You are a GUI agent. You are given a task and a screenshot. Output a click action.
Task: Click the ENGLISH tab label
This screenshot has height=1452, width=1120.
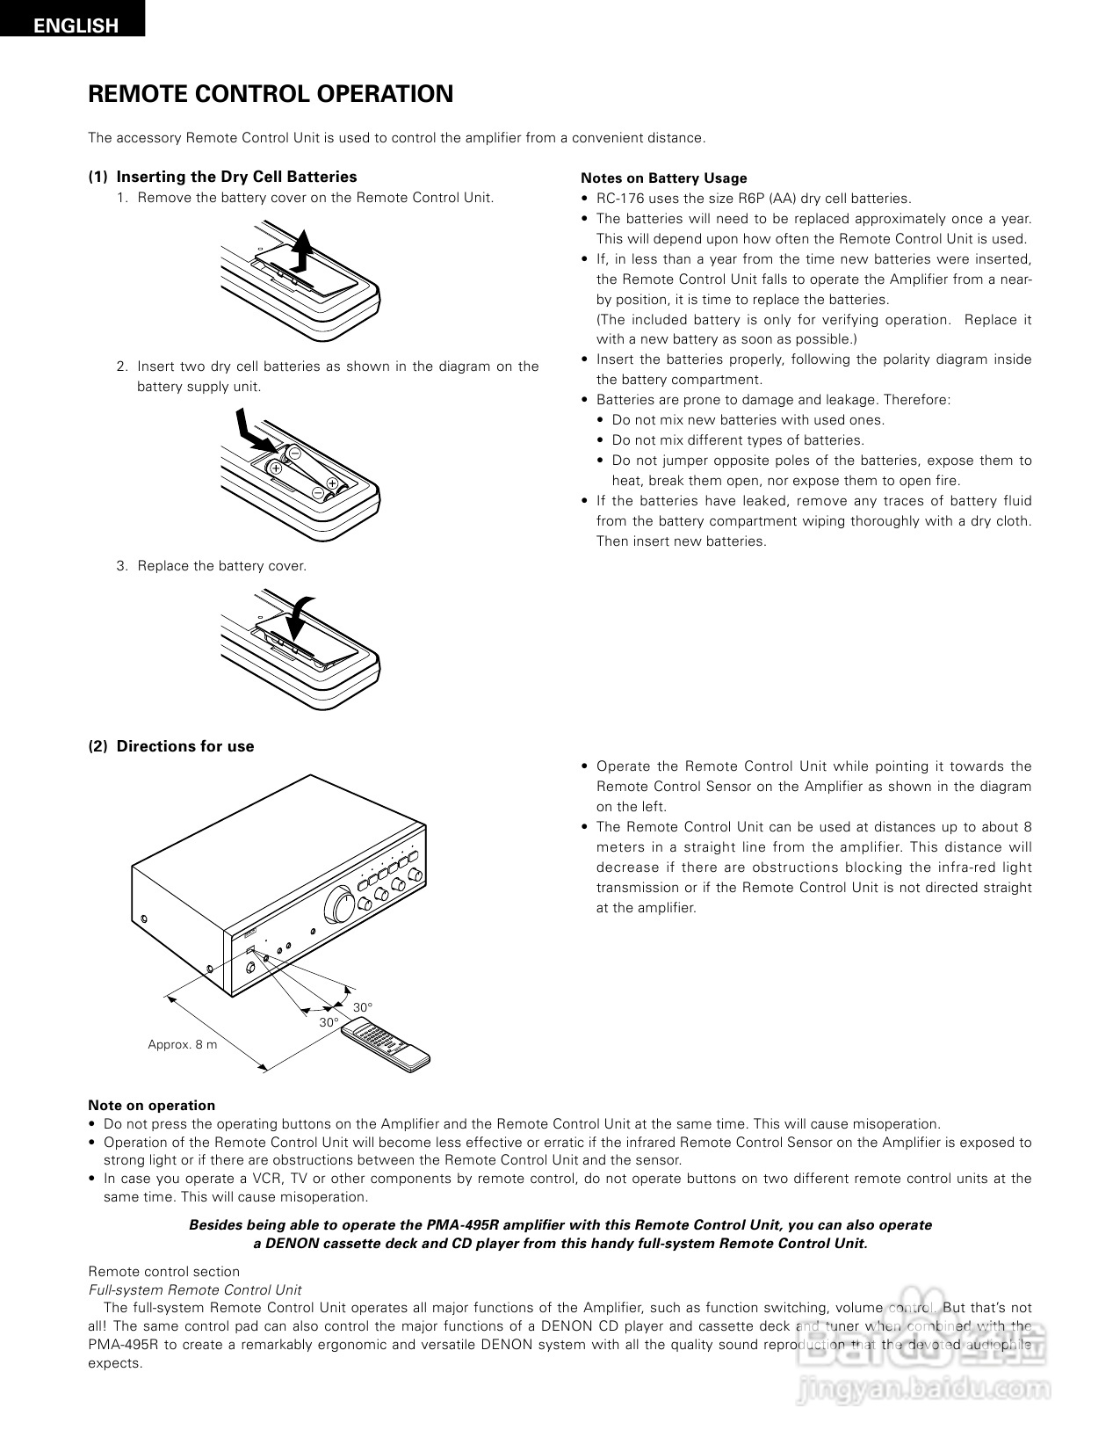(76, 25)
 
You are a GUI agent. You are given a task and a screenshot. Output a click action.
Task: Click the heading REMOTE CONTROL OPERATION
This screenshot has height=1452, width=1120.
(271, 94)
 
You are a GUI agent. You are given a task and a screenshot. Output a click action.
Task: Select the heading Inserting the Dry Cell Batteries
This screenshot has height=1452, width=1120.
(236, 177)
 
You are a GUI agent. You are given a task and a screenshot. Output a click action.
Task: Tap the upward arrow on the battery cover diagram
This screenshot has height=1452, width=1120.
(301, 250)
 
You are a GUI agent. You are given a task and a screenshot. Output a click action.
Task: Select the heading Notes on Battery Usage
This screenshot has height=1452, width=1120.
(663, 178)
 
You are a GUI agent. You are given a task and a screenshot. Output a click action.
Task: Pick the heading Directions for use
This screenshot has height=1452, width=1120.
(185, 746)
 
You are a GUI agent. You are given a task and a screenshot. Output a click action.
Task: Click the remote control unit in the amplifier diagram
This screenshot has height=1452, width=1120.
(387, 1043)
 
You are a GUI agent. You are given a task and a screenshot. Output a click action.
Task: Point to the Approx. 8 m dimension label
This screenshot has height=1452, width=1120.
(182, 1044)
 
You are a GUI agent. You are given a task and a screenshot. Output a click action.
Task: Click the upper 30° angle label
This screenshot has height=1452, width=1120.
(363, 1007)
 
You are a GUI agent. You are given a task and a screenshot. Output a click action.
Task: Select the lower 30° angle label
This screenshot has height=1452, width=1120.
(329, 1023)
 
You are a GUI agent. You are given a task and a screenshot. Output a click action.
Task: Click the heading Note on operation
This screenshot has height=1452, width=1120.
(151, 1106)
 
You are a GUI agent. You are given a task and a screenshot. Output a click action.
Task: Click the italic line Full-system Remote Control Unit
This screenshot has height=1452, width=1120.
(194, 1290)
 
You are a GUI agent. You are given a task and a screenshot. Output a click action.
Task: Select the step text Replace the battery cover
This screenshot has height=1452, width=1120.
(221, 566)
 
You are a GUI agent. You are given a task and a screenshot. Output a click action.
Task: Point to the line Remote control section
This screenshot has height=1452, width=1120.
(163, 1272)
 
